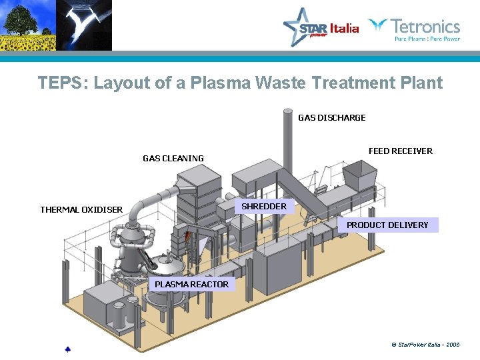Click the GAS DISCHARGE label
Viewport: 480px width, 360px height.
click(x=331, y=118)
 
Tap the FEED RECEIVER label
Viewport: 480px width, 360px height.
click(x=400, y=151)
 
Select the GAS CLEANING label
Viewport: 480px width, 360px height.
click(x=173, y=159)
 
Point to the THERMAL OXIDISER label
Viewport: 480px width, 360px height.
click(x=81, y=210)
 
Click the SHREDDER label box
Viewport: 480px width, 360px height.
click(x=264, y=207)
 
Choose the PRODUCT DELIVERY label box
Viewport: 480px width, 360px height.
click(x=387, y=225)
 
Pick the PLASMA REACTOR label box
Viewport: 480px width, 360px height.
click(x=191, y=285)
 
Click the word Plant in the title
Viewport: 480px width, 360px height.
click(x=421, y=83)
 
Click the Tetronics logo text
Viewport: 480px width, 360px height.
click(x=425, y=27)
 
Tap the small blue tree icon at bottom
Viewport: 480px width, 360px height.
click(x=67, y=349)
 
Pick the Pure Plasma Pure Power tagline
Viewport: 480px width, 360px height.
click(x=427, y=39)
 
